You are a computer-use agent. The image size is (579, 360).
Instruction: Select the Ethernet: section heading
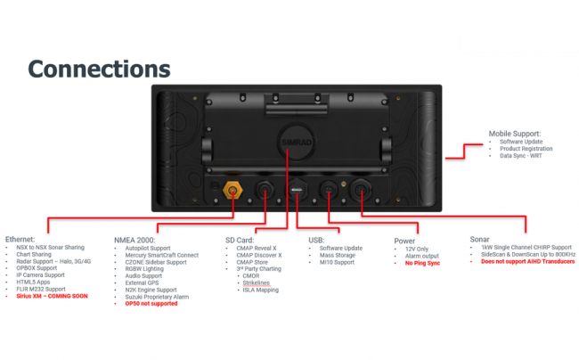[22, 240]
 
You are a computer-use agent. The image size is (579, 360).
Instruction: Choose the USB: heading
[317, 240]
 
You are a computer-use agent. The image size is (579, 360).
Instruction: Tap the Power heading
[405, 240]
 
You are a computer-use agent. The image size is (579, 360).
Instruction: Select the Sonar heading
[480, 240]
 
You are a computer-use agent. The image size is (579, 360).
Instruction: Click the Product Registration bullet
[526, 149]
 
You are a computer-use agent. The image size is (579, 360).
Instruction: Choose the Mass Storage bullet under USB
[338, 256]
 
